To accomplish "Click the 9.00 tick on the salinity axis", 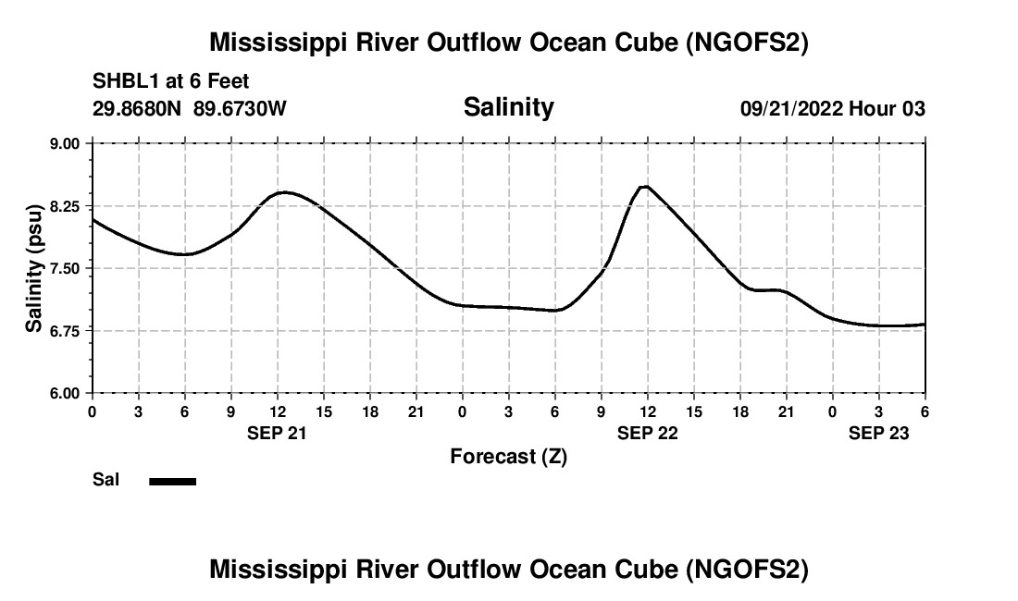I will click(66, 143).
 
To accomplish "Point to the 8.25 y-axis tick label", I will click(66, 206).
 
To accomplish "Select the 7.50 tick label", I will click(66, 268).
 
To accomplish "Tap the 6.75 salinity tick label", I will click(66, 330).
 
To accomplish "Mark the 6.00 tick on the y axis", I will click(66, 393).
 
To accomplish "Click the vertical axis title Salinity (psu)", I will click(34, 268).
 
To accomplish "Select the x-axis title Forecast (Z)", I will click(508, 456).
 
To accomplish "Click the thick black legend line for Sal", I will click(172, 481).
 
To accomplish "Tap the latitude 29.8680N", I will click(138, 108).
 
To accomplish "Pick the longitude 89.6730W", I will click(240, 108).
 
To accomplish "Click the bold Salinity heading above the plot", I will click(508, 107).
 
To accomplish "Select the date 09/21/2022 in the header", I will click(790, 108).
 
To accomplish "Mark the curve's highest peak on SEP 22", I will click(645, 187).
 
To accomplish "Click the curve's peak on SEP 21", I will click(284, 192).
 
